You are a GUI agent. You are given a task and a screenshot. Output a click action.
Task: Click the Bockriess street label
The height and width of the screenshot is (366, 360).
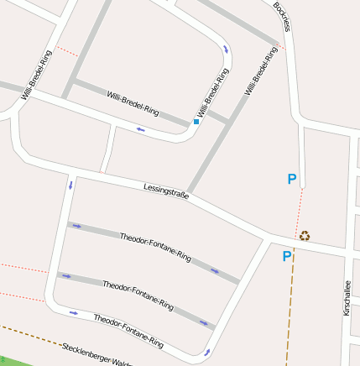click(x=281, y=16)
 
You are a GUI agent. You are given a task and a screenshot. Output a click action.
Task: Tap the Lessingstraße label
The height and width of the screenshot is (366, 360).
click(x=166, y=191)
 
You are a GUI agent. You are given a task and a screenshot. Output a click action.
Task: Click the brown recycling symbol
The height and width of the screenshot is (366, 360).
click(x=305, y=236)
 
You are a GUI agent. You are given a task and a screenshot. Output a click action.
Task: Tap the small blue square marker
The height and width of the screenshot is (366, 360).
click(x=196, y=122)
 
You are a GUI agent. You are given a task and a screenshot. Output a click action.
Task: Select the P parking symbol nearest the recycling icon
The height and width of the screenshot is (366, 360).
click(x=286, y=256)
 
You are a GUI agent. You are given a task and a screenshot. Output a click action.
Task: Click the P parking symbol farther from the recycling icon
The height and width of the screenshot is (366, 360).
click(x=292, y=178)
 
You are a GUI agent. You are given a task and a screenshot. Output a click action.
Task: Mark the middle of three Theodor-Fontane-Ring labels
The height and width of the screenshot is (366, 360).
click(x=138, y=295)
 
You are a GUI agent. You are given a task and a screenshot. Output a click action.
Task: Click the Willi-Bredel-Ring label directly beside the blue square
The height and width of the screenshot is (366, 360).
click(x=212, y=93)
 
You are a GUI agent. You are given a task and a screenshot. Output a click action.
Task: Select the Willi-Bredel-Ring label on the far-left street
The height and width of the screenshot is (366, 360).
click(x=37, y=76)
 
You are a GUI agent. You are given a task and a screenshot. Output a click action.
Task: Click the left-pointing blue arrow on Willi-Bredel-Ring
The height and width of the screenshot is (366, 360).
click(x=140, y=129)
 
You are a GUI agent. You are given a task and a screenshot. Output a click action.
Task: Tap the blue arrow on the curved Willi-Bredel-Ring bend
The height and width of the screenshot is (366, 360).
click(x=226, y=50)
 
